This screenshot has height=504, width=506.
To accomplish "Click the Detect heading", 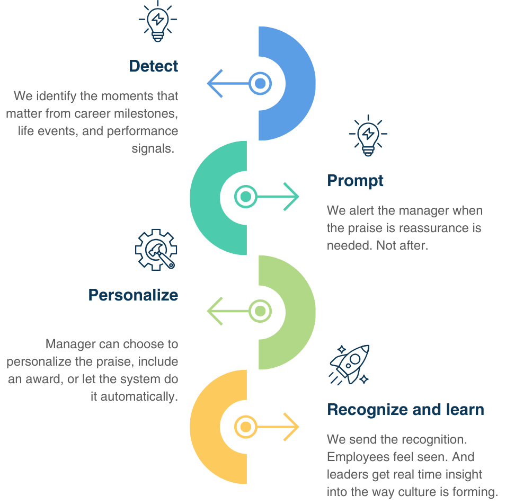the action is (x=154, y=66).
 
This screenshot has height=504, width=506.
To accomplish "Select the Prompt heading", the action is (x=355, y=181).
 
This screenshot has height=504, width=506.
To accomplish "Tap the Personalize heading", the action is (x=133, y=295).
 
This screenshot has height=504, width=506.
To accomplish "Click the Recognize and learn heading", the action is (x=405, y=410).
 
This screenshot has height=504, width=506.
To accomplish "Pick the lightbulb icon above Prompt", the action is (x=368, y=135).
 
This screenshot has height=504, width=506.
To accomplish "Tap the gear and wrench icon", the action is (x=156, y=250).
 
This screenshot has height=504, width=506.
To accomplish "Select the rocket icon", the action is (x=350, y=364).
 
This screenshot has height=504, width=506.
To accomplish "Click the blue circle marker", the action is (x=260, y=83).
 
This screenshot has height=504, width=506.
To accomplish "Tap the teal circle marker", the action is (x=245, y=197).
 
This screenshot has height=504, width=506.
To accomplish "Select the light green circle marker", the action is (x=260, y=311).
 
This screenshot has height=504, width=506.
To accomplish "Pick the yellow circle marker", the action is (x=245, y=426).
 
